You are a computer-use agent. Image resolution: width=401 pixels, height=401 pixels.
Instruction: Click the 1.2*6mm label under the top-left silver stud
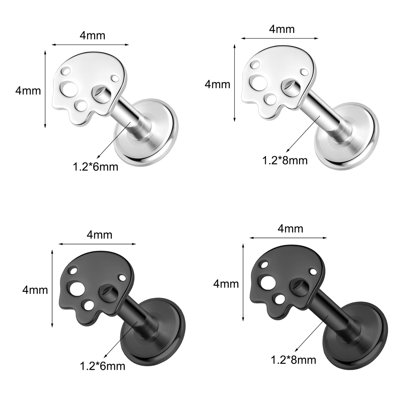(x=95, y=167)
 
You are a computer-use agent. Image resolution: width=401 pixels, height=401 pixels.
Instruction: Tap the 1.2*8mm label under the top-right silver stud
(x=285, y=161)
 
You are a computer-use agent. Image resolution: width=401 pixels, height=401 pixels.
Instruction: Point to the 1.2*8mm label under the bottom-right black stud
(x=294, y=360)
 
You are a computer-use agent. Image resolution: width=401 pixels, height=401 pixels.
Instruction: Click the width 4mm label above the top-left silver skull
(x=92, y=36)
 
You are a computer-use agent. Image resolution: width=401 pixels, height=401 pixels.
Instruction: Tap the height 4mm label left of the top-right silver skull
(x=218, y=84)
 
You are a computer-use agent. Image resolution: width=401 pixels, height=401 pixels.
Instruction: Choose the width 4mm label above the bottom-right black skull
(x=290, y=229)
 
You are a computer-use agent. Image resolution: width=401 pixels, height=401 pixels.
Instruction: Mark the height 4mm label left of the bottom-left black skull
(x=35, y=290)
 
